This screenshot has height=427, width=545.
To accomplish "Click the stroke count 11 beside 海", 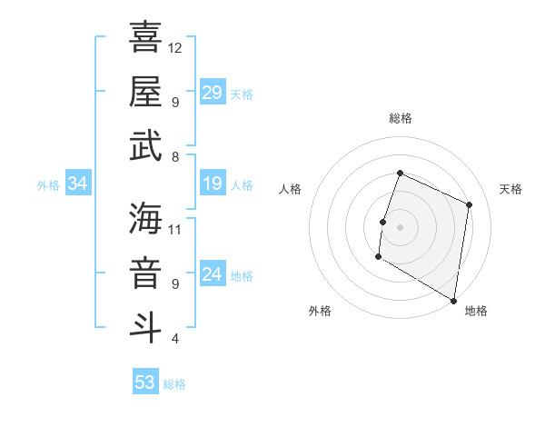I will click(x=175, y=228).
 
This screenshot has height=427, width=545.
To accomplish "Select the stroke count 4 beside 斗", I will click(x=175, y=339).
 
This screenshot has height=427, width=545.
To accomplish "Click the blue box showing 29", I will click(x=213, y=93).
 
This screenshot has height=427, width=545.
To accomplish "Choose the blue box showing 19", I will click(x=213, y=184).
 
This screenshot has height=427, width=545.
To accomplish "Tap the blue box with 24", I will click(x=213, y=275).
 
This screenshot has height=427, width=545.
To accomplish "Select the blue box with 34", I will click(x=78, y=184).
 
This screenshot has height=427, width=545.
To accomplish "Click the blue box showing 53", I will click(x=145, y=382).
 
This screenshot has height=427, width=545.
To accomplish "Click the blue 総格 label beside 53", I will click(x=174, y=384).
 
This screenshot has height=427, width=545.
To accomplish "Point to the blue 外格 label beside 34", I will click(x=48, y=185).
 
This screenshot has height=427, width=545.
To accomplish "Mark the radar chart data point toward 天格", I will click(x=470, y=204).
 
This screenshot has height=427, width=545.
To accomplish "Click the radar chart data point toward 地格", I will click(x=453, y=300).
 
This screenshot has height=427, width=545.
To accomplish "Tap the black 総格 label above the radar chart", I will click(x=401, y=118).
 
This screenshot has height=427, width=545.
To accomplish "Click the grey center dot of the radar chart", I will click(x=400, y=226).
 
